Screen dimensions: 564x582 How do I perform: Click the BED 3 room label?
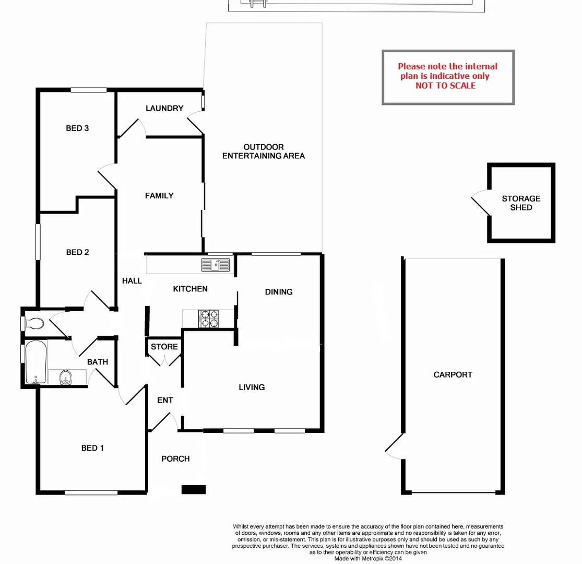click(x=77, y=128)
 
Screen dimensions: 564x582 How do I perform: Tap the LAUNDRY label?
click(x=164, y=109)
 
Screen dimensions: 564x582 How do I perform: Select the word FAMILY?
click(x=159, y=196)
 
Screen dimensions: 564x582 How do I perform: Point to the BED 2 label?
click(x=77, y=252)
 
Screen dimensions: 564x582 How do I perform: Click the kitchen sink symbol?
click(x=216, y=265)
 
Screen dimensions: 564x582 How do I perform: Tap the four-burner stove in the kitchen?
click(x=208, y=319)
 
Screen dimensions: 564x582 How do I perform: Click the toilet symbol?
click(x=34, y=324)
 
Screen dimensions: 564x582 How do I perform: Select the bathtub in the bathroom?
click(x=36, y=362)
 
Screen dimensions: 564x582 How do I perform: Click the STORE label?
click(x=164, y=347)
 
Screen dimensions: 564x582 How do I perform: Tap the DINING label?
click(x=279, y=292)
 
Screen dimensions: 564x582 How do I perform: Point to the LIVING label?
click(x=252, y=387)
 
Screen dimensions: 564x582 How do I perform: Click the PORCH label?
click(x=175, y=459)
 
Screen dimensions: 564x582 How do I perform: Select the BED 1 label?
click(x=93, y=448)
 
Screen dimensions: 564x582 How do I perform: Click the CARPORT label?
click(x=453, y=375)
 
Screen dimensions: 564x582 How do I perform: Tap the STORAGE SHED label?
click(x=521, y=203)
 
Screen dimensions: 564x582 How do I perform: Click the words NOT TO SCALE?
click(x=445, y=86)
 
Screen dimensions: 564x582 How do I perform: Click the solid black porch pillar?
click(x=193, y=489)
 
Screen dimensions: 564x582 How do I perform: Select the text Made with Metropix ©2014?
click(x=368, y=558)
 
